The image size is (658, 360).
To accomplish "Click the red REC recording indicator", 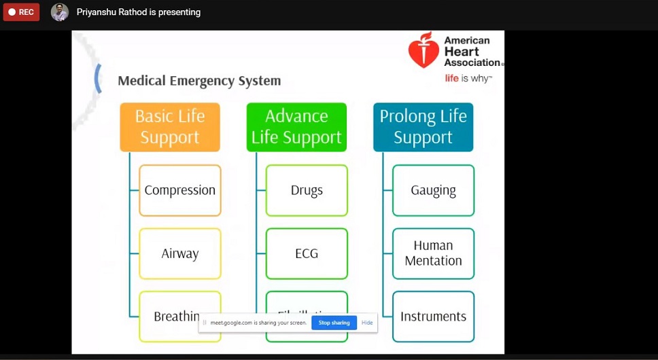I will pyautogui.click(x=21, y=12).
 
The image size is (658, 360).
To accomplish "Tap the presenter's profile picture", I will pyautogui.click(x=60, y=12).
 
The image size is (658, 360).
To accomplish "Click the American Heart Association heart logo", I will pyautogui.click(x=423, y=50).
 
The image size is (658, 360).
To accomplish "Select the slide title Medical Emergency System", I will pyautogui.click(x=199, y=81).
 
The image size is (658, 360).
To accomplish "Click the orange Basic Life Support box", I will pyautogui.click(x=170, y=127).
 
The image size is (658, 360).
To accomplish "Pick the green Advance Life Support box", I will pyautogui.click(x=296, y=127).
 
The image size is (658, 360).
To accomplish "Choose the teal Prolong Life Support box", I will pyautogui.click(x=423, y=127).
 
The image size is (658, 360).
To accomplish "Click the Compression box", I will pyautogui.click(x=180, y=190).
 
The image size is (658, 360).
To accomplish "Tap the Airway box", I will pyautogui.click(x=180, y=253).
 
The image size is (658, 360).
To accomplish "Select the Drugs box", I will pyautogui.click(x=307, y=190).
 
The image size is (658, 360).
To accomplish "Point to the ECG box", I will pyautogui.click(x=307, y=253).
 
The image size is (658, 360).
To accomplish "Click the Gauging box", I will pyautogui.click(x=433, y=190).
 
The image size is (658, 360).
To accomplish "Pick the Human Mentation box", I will pyautogui.click(x=433, y=253).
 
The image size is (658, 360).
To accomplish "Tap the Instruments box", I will pyautogui.click(x=433, y=317).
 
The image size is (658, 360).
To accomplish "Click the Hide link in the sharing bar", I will pyautogui.click(x=367, y=323).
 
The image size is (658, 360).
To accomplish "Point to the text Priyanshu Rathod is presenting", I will pyautogui.click(x=139, y=12).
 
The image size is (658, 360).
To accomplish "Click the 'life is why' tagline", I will pyautogui.click(x=468, y=78).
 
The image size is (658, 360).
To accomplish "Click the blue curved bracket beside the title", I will pyautogui.click(x=99, y=78).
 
